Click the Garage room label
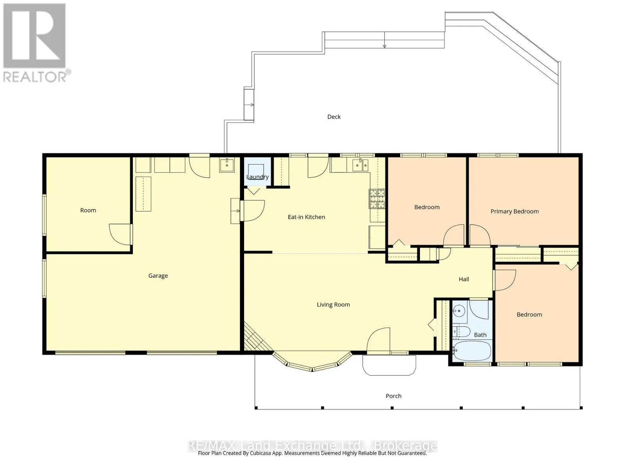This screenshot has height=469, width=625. [x=158, y=276]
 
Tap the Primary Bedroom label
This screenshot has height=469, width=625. [x=514, y=211]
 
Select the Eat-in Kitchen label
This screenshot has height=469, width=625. [x=306, y=217]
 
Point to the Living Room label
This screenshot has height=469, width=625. [x=333, y=305]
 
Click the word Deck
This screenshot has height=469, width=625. [x=334, y=117]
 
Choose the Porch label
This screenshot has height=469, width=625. [x=393, y=396]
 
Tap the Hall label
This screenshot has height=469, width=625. [x=464, y=279]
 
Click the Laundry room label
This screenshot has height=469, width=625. [x=257, y=177]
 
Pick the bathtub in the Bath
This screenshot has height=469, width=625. [x=472, y=351]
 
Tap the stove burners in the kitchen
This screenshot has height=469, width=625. [x=377, y=199]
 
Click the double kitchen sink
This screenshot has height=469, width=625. [x=360, y=165]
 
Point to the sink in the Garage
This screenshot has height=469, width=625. [x=227, y=165]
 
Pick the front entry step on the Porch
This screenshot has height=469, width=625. [x=389, y=365]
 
